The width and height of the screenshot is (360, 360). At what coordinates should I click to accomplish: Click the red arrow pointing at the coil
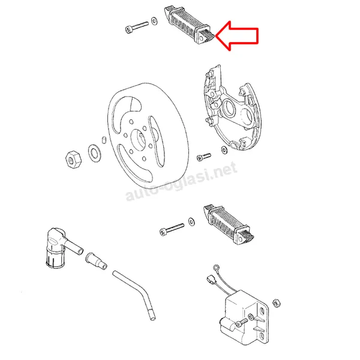pos(236,35)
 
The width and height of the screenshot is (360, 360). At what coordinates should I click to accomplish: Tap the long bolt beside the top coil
pos(137,27)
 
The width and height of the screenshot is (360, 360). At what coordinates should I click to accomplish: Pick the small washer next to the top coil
pos(155,21)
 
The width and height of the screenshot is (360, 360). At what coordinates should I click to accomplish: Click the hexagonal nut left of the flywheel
pos(73,160)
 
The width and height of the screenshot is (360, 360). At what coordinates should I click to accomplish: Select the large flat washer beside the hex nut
pos(94,152)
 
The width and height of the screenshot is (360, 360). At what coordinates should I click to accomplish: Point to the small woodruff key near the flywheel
pos(104,140)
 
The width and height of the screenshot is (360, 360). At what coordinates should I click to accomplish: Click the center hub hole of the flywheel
pos(139,140)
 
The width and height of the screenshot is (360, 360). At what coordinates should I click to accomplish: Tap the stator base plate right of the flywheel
pos(232,108)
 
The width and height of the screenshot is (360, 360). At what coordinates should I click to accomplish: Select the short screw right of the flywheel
pos(203,157)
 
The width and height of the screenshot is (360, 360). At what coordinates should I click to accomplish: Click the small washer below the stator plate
pos(224,150)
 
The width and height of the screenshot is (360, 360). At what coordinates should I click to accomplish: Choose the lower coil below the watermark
pos(229,224)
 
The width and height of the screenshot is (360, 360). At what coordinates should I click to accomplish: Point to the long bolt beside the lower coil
pos(172,229)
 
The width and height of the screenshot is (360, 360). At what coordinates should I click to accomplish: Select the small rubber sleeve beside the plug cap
pos(96,261)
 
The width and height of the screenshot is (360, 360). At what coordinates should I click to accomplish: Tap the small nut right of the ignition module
pos(277,303)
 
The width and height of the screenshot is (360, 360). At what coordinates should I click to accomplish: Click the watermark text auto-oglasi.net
pos(181,181)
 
